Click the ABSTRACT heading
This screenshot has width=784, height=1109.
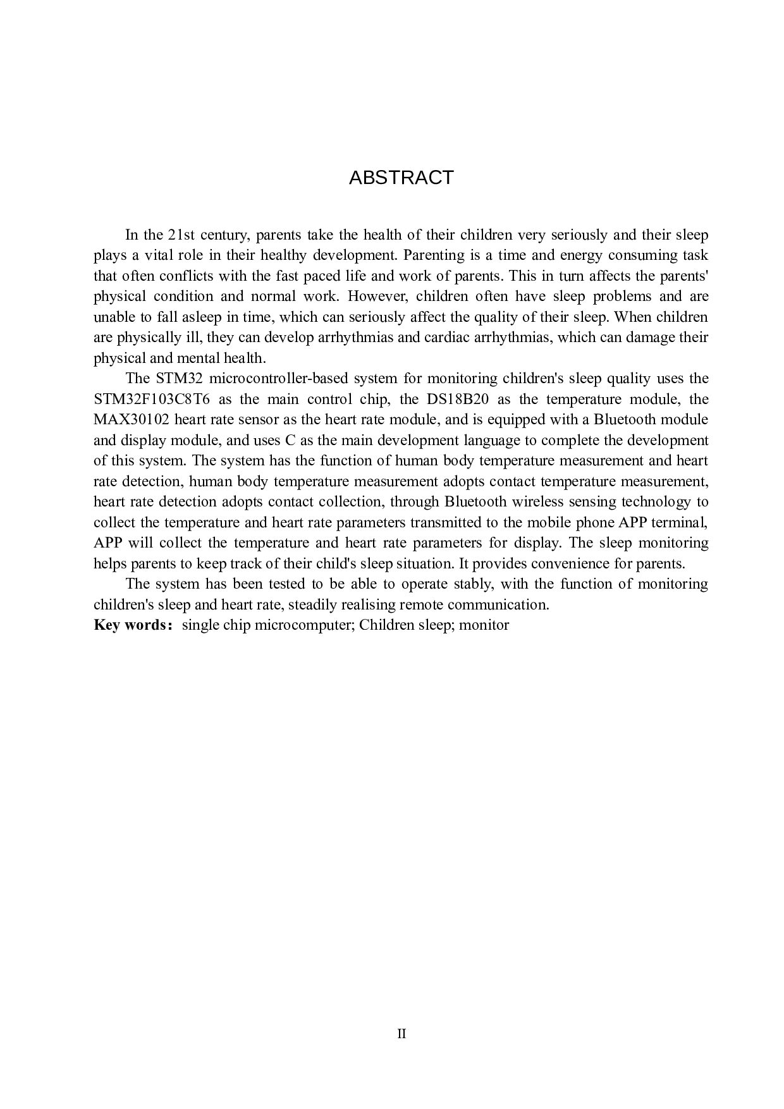[401, 178]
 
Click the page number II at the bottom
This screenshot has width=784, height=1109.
[401, 1034]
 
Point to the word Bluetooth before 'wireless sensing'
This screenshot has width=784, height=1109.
[475, 502]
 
